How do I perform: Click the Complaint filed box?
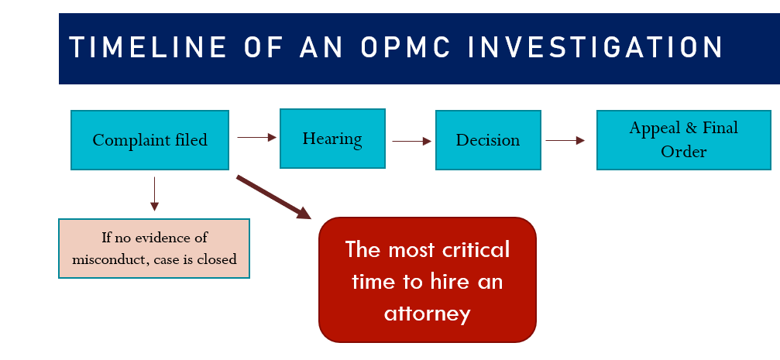149,140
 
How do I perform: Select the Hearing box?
332,139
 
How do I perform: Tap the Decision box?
488,140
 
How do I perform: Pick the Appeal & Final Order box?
683,140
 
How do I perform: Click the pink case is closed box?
154,248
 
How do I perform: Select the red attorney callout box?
428,280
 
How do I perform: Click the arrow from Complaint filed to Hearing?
256,137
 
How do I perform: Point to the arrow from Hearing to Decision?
411,141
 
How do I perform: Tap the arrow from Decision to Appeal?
565,141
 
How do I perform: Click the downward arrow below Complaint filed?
155,194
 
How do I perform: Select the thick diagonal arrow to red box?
274,197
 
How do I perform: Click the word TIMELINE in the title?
148,48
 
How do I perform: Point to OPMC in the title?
405,48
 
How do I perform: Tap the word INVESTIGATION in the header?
596,48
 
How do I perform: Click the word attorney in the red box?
428,314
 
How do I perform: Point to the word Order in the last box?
683,152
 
